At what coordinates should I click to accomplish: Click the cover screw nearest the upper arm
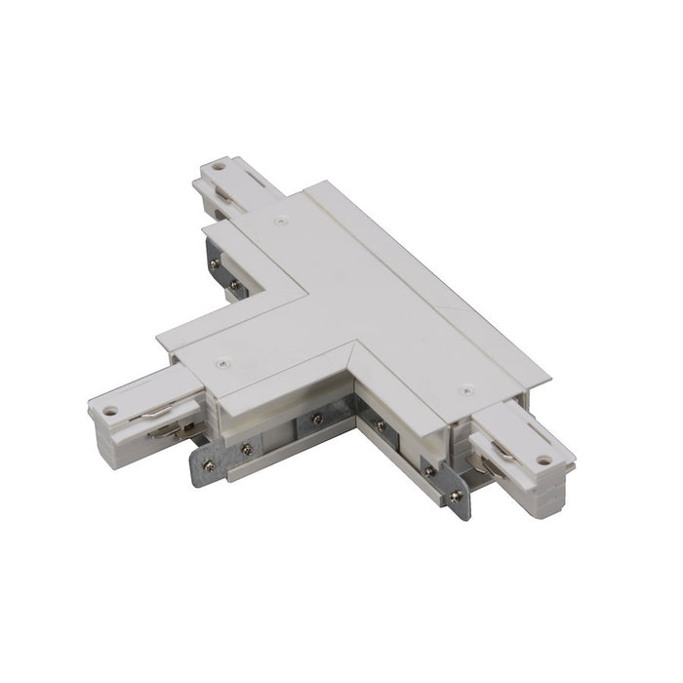(281, 222)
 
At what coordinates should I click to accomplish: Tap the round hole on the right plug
(543, 459)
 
